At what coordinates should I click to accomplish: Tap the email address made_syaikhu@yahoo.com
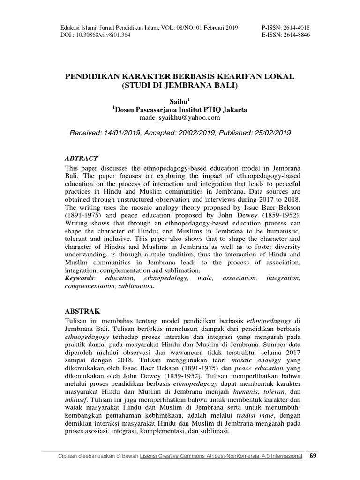(x=180, y=118)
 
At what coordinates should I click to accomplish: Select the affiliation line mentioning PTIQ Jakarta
(x=180, y=109)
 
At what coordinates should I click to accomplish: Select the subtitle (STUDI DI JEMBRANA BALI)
(x=180, y=85)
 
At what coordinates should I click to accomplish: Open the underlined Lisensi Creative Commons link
(x=220, y=457)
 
